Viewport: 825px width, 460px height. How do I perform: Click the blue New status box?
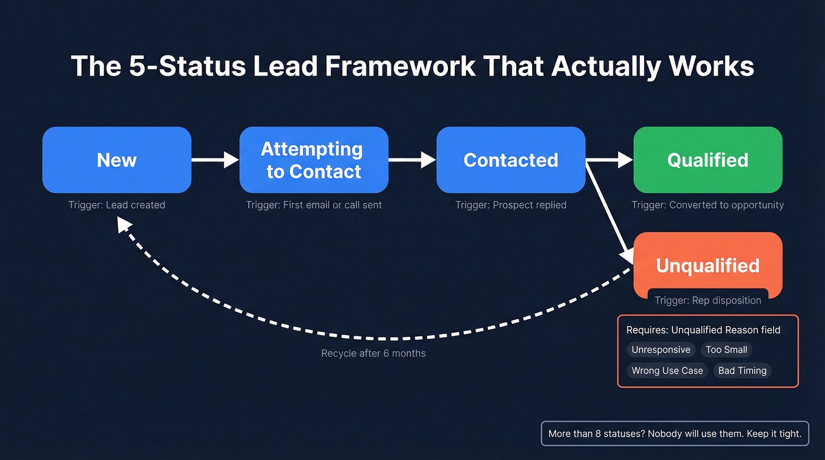point(117,160)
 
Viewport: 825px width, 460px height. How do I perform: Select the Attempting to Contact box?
point(313,160)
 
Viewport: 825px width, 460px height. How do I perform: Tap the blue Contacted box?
point(510,160)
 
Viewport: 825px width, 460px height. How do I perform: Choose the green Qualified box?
point(708,160)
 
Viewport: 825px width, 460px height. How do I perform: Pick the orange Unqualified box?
point(708,265)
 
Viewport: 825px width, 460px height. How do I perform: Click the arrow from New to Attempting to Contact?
point(215,160)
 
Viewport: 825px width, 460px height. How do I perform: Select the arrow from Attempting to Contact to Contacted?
point(412,160)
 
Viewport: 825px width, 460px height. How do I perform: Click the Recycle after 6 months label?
point(373,353)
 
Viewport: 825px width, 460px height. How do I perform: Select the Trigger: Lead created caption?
point(117,205)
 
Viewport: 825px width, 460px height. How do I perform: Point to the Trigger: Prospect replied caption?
point(510,205)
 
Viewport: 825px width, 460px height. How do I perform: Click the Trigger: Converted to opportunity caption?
point(708,205)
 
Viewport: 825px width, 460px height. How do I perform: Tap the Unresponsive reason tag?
point(661,350)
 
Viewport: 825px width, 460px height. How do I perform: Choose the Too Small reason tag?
point(726,350)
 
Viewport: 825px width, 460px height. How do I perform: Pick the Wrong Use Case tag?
point(667,370)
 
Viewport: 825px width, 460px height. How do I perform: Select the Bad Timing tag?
point(742,370)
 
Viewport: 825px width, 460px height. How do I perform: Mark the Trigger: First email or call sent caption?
point(313,205)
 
